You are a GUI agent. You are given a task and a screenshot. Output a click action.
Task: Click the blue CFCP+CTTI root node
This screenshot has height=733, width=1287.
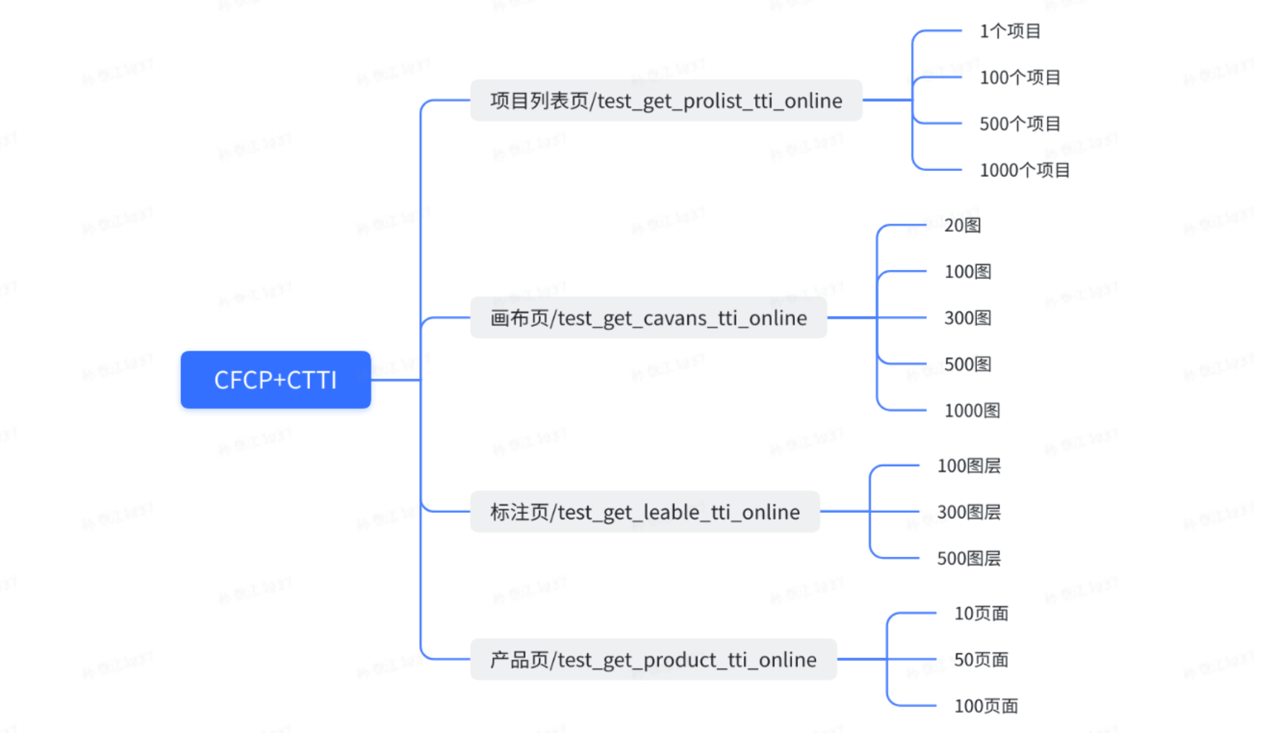point(276,379)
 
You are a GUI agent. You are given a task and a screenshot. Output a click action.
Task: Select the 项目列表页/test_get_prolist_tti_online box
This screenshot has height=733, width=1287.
point(666,100)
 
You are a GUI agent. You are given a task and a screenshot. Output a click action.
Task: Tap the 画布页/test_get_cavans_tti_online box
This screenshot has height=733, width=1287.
point(648,317)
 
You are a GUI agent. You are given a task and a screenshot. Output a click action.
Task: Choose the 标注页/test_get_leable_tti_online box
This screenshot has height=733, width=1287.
point(644,512)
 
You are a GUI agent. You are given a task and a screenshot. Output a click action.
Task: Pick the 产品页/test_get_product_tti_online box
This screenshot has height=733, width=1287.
point(653,659)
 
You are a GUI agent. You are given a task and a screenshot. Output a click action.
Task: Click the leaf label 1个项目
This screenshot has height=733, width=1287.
point(1010,31)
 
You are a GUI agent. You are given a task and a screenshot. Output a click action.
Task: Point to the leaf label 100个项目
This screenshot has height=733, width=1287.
point(1019,77)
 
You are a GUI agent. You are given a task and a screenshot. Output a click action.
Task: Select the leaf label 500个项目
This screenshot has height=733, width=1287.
point(1019,123)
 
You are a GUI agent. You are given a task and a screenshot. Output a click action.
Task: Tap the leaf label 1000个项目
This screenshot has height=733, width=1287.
point(1024,170)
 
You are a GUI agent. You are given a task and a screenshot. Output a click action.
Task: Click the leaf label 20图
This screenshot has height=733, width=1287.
point(962,225)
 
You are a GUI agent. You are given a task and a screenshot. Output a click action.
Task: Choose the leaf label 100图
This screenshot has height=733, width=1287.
point(967,271)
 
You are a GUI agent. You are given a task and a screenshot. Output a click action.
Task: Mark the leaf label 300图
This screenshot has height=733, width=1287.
point(967,317)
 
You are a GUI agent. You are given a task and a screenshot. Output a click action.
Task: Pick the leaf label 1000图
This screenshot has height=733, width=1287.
point(972,411)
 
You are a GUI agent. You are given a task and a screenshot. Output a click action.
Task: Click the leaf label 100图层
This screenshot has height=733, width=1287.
point(968,466)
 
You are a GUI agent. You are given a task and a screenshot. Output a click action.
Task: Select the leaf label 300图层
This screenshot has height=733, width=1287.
point(968,512)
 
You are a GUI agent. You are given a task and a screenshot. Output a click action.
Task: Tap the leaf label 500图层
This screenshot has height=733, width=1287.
point(968,558)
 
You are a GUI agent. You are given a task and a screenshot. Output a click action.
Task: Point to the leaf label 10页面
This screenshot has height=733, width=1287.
point(981,613)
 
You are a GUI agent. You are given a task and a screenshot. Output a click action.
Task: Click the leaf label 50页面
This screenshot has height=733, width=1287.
point(981,659)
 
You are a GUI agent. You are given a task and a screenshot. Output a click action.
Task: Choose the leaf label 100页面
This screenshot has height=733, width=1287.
point(985,706)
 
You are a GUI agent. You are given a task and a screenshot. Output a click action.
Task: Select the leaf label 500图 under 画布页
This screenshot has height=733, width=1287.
point(967,364)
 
